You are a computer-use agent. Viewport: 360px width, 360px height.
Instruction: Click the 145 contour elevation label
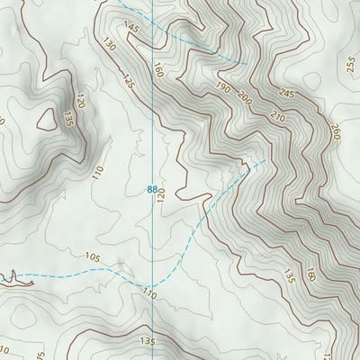(x=132, y=29)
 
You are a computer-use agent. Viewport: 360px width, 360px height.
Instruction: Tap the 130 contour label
(x=111, y=45)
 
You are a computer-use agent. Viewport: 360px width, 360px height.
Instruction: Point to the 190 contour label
(x=222, y=88)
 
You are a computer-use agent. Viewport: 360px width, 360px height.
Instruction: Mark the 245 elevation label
(x=288, y=93)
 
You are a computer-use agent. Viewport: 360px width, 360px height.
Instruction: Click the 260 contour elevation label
(x=335, y=131)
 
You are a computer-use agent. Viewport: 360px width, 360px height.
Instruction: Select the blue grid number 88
(x=151, y=189)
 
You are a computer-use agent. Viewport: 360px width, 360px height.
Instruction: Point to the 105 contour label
(x=93, y=257)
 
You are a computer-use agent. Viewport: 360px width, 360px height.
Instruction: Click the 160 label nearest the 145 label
(x=158, y=69)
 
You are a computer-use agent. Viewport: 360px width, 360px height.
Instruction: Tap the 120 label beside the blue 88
(x=162, y=195)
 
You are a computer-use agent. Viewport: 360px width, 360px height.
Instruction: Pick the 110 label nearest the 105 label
(x=148, y=295)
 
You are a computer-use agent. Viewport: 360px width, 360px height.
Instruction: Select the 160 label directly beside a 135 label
(x=310, y=274)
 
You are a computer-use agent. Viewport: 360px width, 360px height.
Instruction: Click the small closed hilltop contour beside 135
(x=45, y=119)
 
